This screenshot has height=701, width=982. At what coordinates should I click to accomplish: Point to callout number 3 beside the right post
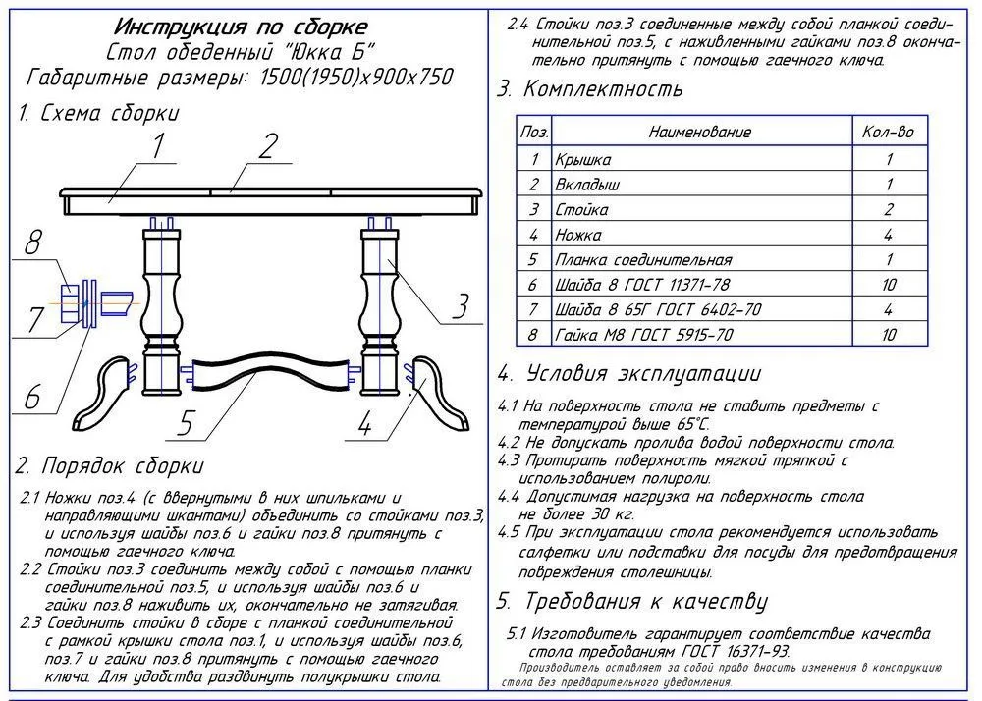tap(460, 306)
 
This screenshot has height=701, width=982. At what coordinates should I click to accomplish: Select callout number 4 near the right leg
tap(365, 425)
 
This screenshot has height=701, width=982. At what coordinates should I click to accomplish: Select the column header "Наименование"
tap(699, 133)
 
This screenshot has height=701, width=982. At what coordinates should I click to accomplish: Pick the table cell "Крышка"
tap(583, 159)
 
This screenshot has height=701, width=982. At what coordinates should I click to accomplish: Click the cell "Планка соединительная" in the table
tap(643, 261)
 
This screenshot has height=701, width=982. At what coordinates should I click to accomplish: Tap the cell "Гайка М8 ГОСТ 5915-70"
tap(643, 336)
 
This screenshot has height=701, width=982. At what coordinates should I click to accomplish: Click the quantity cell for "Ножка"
tap(888, 236)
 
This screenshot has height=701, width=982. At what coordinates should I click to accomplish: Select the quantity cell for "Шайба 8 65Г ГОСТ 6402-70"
tap(888, 310)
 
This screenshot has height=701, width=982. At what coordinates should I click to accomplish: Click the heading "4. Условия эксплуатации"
tap(628, 374)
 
